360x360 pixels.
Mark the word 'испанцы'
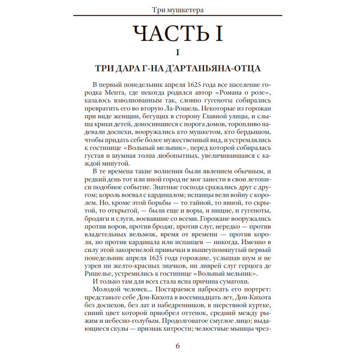pyautogui.click(x=206, y=195)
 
